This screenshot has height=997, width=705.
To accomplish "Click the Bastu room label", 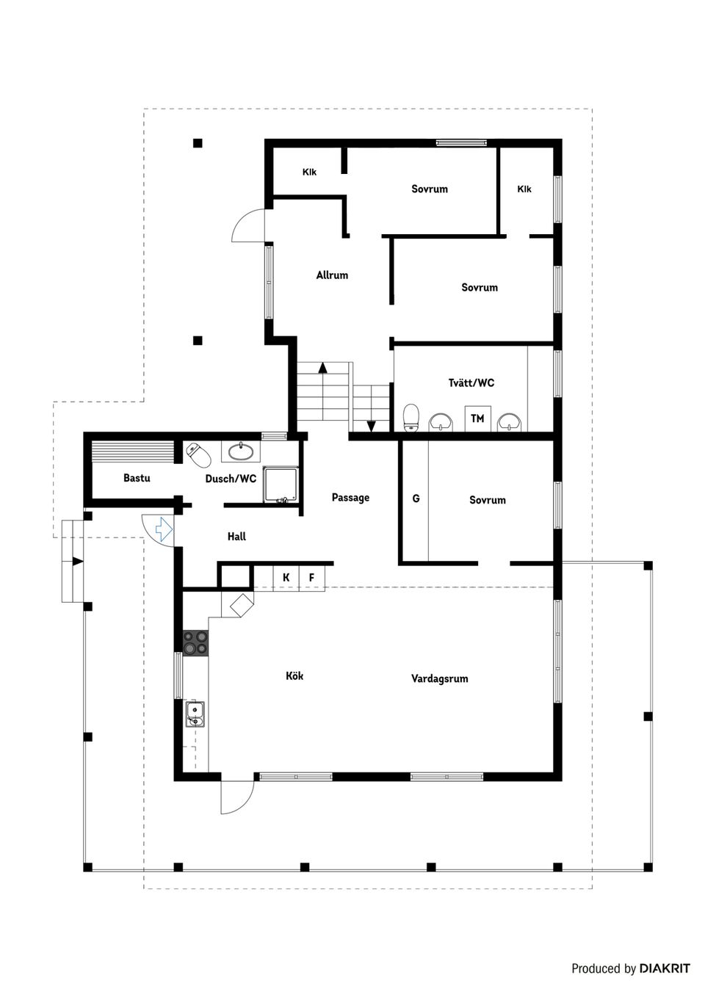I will pos(137,478).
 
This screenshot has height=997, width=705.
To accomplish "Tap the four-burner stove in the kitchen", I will pos(195,643).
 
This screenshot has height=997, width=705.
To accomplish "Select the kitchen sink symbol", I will pos(195,713).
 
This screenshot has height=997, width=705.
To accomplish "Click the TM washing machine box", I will pos(477,418).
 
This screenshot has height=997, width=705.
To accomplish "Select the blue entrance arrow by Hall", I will pos(163,528).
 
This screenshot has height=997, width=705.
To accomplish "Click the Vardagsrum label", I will pos(439,679).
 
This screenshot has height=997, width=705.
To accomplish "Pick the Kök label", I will pos(294,675).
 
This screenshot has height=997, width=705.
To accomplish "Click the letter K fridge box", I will pos(286,578).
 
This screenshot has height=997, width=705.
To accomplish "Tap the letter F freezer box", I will pos(311,578).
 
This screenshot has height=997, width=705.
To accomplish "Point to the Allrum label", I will pos(332,275).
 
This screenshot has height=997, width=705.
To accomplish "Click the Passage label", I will pos(350,498).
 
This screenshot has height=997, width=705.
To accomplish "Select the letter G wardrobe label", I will pos(416,499).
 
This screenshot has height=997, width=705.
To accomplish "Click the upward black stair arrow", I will pos(322,368).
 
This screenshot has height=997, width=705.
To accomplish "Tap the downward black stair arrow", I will pos(371,425).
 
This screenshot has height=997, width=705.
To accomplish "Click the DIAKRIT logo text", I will pos(664,968).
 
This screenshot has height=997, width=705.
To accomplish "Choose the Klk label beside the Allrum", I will pos(309,172).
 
